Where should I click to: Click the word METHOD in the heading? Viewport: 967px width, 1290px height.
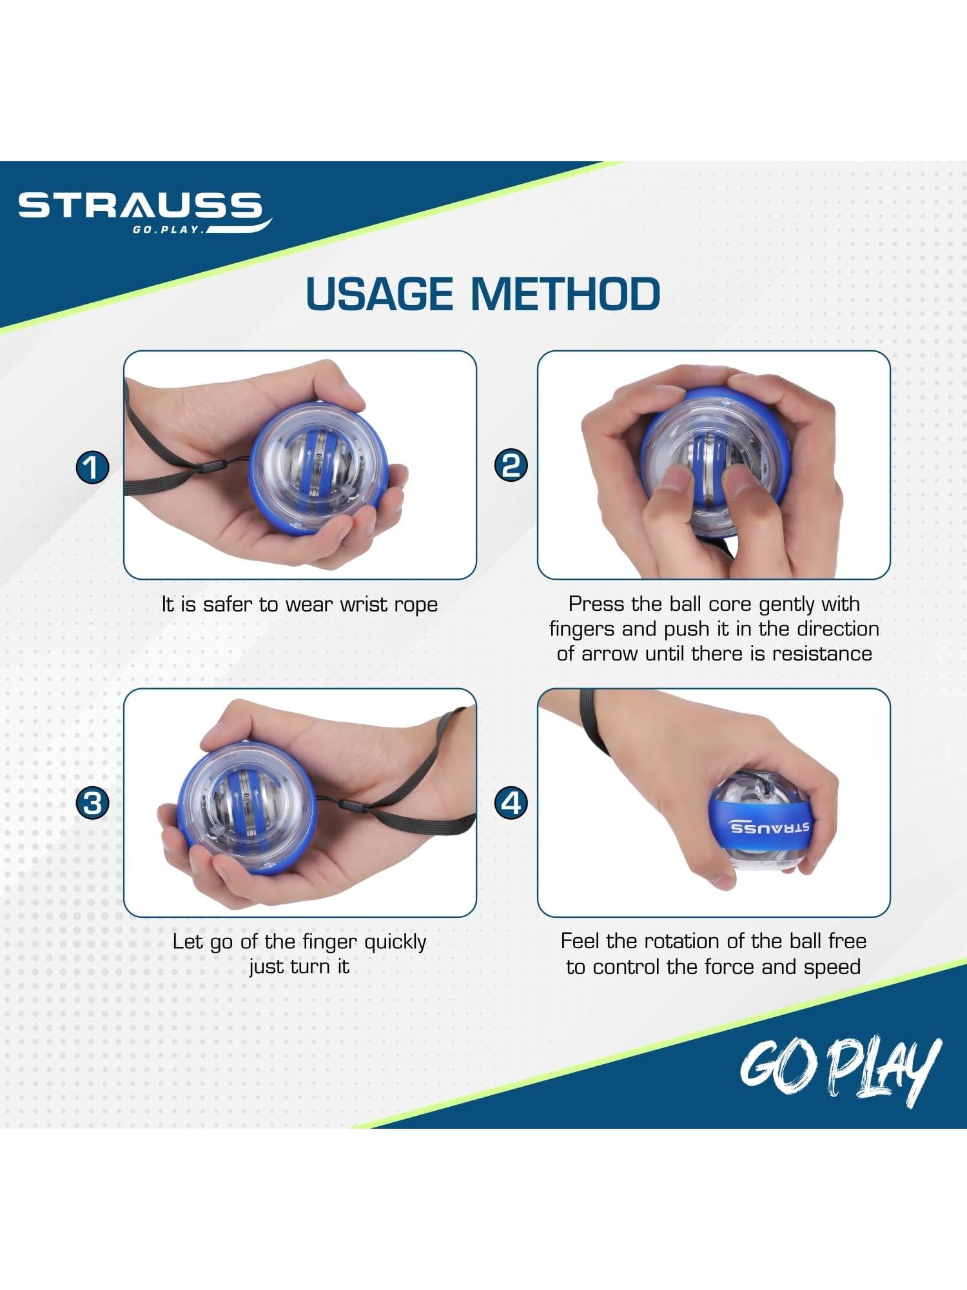click(565, 294)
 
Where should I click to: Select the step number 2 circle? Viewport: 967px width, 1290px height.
click(511, 465)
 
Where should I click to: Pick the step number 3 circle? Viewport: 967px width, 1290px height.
click(93, 804)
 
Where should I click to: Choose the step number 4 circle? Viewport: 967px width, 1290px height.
click(511, 803)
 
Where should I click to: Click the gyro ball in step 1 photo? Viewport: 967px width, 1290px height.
click(318, 469)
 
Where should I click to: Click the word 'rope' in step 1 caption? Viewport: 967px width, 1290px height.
click(416, 605)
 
